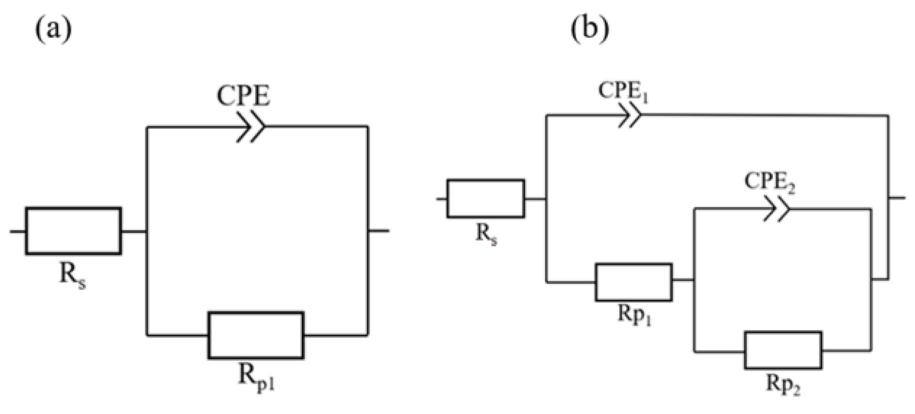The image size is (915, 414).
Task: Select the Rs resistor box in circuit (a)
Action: [74, 231]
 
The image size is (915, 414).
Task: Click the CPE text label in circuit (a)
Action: [244, 96]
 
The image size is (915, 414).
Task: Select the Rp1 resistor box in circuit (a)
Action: [256, 335]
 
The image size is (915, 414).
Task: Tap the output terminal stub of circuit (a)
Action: [379, 231]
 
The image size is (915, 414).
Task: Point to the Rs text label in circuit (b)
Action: [486, 235]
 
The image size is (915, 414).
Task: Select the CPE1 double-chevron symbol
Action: [630, 115]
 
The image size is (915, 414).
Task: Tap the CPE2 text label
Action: [769, 182]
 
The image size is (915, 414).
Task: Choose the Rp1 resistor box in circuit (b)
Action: [634, 282]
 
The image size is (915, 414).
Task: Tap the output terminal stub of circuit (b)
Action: [897, 198]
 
